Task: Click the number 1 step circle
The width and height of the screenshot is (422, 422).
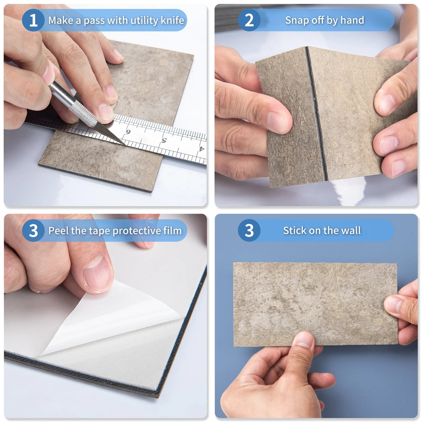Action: (33, 20)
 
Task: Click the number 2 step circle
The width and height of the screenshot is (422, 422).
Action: (249, 20)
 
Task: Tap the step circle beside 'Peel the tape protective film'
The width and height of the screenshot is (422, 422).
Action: (33, 231)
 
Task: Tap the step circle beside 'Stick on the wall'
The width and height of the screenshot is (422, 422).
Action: (249, 230)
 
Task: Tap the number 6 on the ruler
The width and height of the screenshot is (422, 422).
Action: (128, 132)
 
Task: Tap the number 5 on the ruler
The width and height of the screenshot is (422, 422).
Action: (164, 140)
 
